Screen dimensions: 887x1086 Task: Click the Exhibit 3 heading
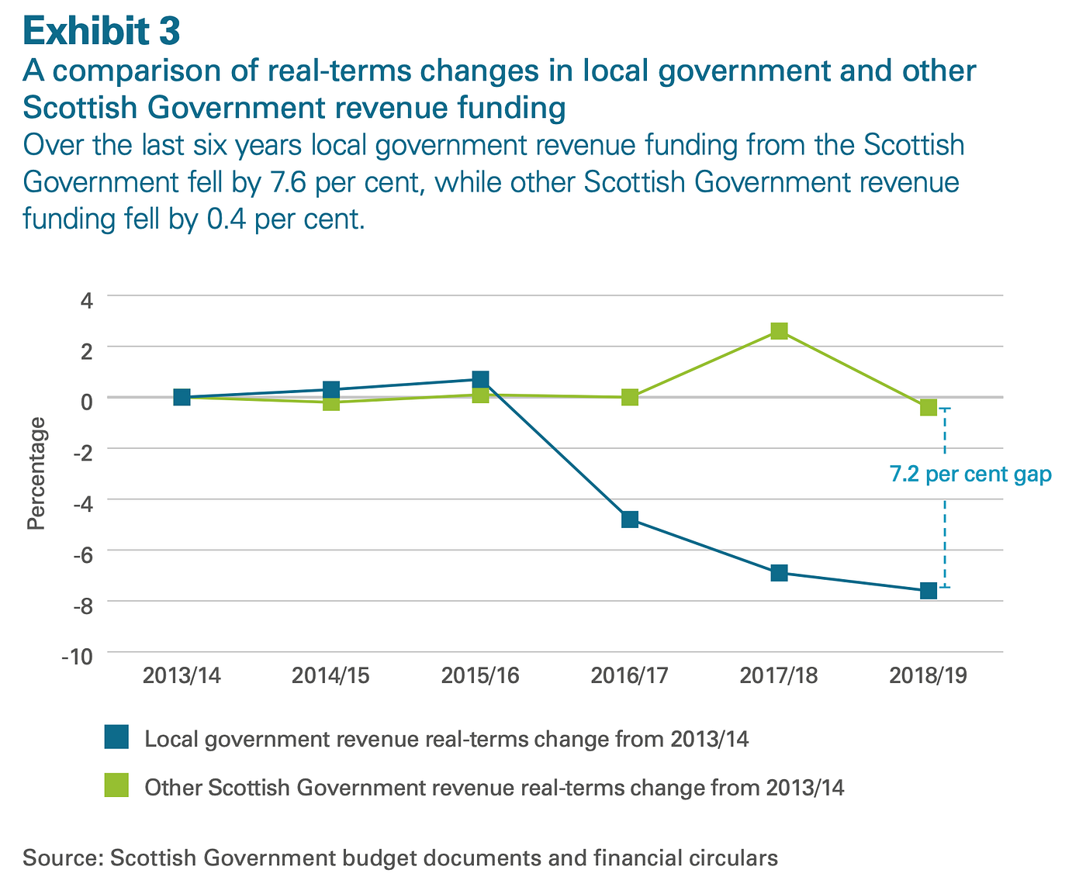102,32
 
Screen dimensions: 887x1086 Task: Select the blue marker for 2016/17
630,519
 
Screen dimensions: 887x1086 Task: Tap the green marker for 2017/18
780,331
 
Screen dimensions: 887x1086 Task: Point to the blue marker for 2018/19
929,591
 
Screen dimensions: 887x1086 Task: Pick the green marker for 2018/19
929,408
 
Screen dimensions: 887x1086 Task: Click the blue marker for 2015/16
480,379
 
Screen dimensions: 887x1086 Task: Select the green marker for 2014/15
331,402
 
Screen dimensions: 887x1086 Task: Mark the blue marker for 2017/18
780,573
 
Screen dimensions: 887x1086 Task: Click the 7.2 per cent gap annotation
970,475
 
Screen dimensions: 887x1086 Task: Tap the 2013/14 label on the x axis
182,676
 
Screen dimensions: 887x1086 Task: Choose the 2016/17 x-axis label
629,676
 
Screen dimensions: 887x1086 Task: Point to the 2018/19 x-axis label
929,676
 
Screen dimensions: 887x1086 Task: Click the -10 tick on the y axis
78,656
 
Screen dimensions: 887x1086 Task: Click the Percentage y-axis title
36,473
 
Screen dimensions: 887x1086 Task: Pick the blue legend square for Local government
116,737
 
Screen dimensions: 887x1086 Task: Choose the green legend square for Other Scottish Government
116,787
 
